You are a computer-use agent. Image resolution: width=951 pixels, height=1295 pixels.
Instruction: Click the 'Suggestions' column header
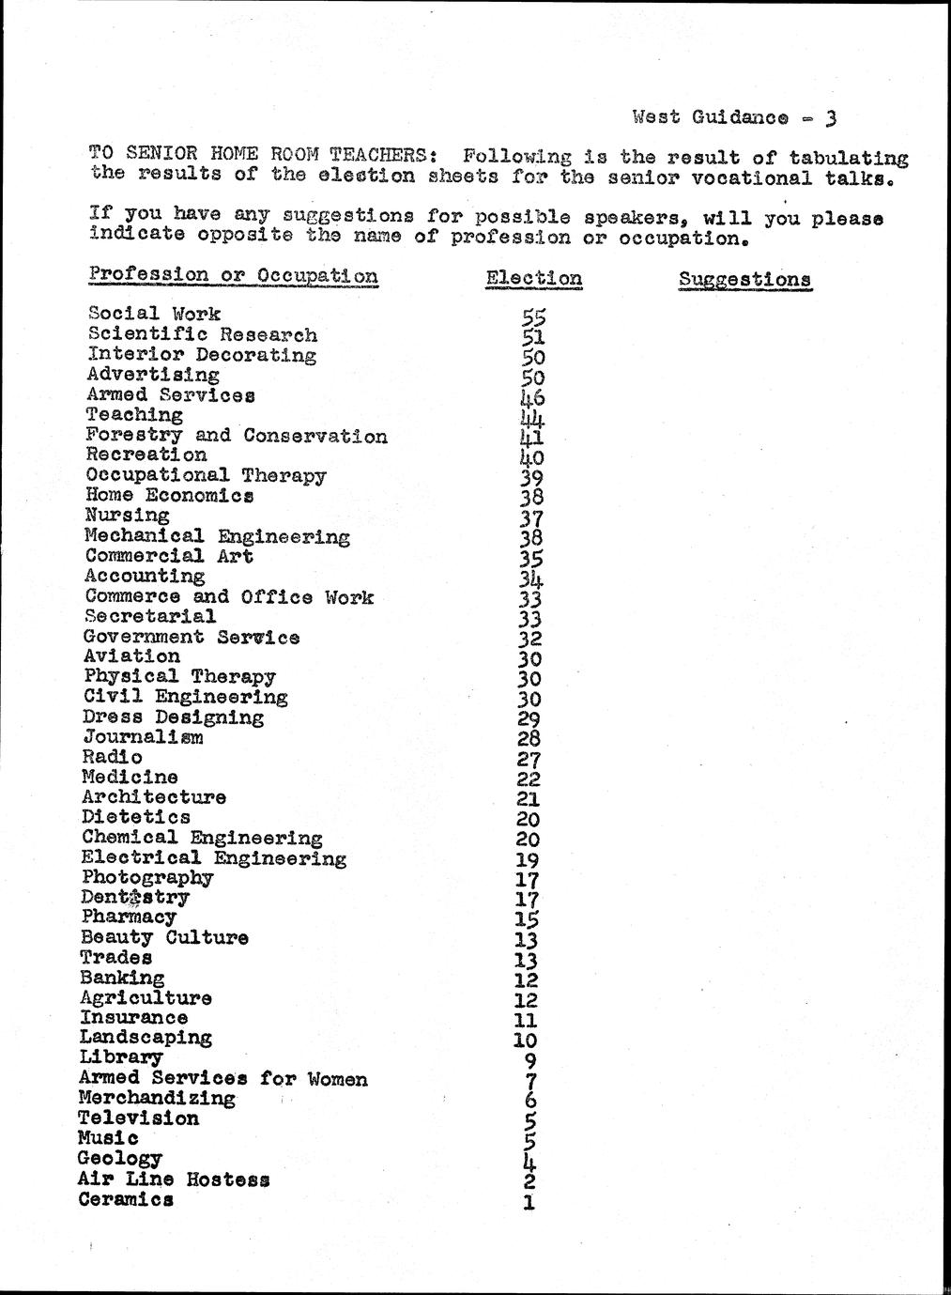pos(744,280)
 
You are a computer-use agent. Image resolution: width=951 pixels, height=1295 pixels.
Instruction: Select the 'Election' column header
pos(533,279)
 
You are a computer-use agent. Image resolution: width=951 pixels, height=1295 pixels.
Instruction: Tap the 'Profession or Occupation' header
pos(234,275)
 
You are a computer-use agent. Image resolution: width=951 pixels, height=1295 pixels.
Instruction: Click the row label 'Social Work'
pos(154,314)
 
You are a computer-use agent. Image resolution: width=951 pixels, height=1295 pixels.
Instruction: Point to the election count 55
pos(533,318)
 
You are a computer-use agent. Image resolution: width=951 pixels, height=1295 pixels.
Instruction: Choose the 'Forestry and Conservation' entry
pos(236,436)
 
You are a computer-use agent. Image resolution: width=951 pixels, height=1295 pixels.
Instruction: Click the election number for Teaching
pos(531,417)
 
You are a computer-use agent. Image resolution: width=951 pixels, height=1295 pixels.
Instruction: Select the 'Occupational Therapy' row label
pos(206,475)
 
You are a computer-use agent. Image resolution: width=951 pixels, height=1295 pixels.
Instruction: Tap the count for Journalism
pos(529,739)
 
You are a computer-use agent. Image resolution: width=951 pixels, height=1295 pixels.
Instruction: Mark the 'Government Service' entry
pos(192,637)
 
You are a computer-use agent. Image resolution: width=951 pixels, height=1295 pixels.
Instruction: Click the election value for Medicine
pos(529,779)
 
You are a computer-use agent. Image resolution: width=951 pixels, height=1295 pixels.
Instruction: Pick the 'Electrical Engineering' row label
pos(213,858)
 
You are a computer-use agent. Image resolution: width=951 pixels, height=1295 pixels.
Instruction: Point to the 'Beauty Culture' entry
pos(164,937)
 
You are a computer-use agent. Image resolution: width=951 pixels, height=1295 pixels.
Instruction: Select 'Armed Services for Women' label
pos(223,1078)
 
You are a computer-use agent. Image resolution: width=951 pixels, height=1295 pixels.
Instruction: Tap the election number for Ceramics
pos(529,1202)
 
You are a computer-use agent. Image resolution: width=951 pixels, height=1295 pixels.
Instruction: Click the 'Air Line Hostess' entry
pos(174,1179)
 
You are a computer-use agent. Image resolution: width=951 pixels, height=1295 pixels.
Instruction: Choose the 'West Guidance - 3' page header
pos(734,117)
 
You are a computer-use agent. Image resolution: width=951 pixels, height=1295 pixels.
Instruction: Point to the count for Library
pos(529,1061)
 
